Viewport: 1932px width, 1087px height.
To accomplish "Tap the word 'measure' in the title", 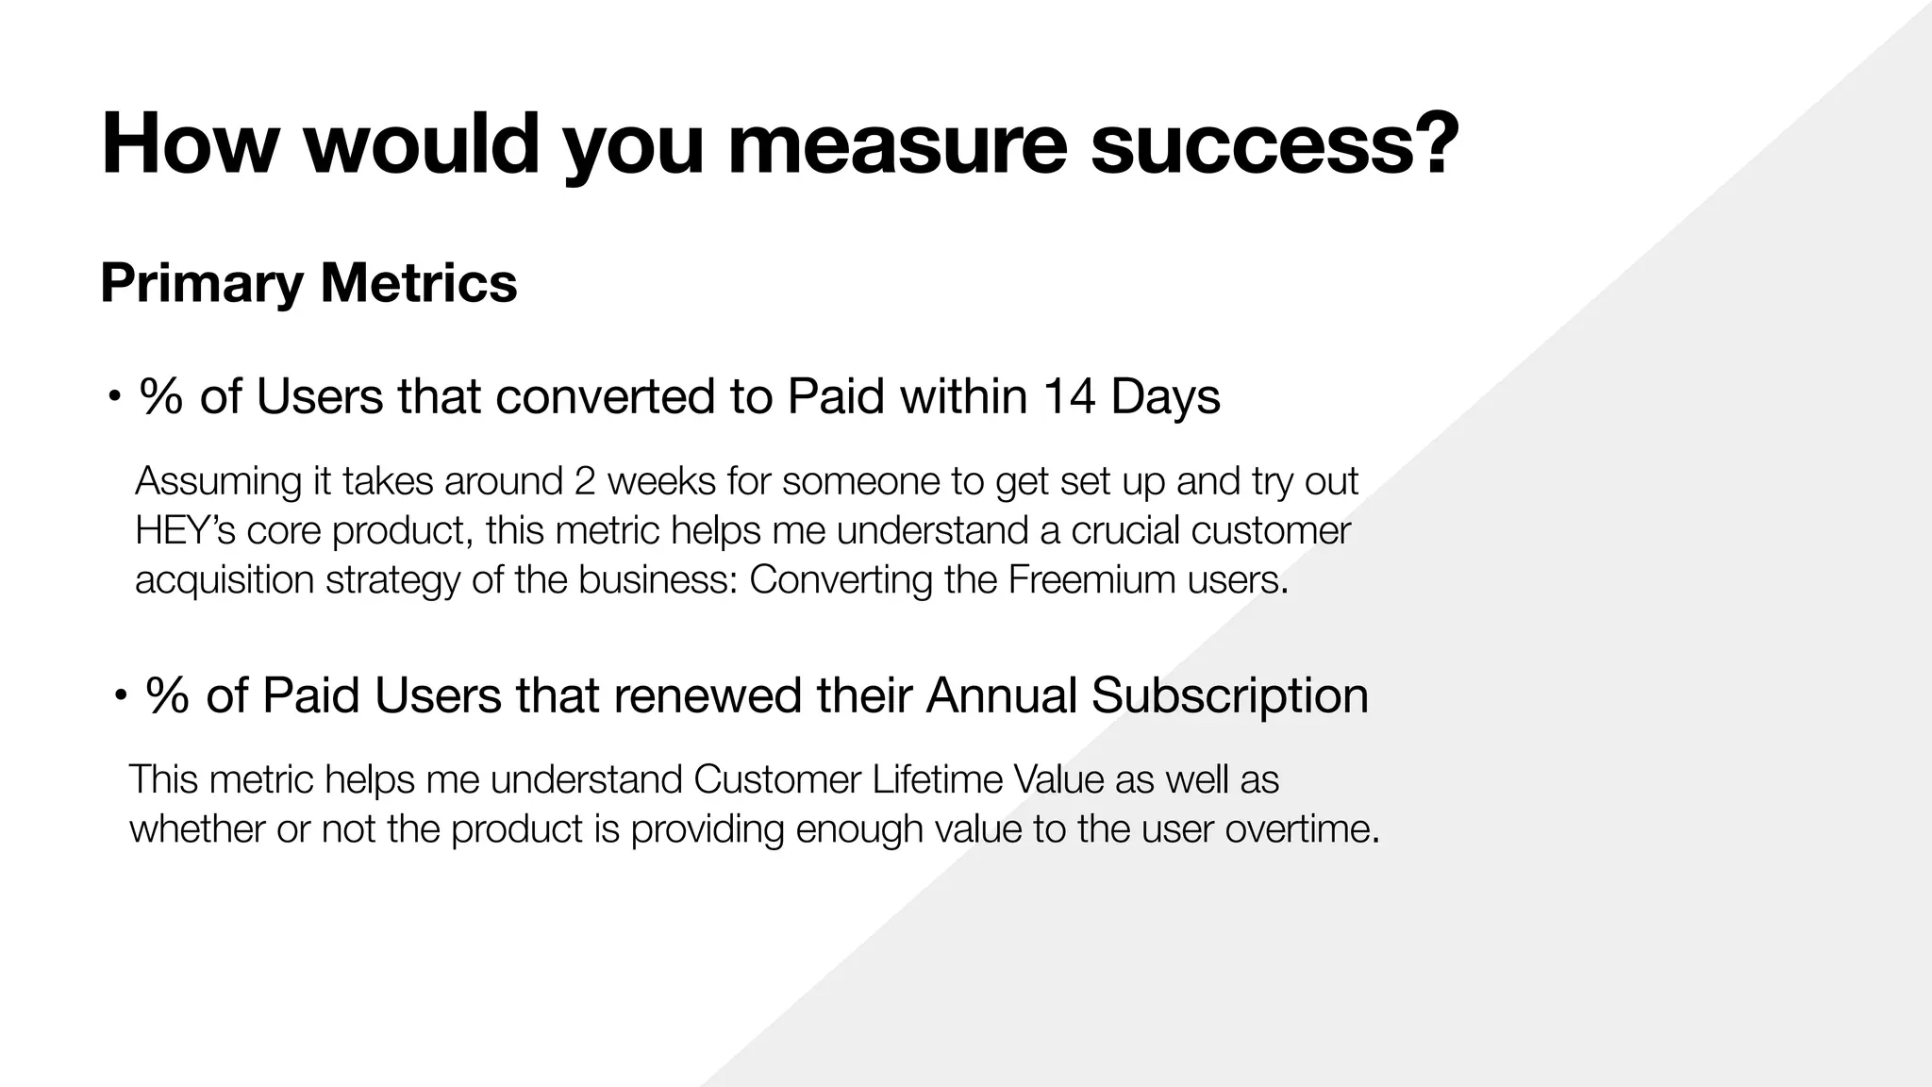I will (x=896, y=144).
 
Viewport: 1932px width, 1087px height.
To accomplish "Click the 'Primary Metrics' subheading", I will (x=308, y=282).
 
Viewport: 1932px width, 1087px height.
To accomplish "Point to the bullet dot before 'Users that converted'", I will (x=113, y=397).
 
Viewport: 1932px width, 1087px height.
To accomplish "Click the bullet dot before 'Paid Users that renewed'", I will (x=120, y=697).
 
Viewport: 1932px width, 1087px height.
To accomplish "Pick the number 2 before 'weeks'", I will (x=582, y=481).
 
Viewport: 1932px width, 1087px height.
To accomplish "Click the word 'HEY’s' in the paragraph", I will (x=185, y=530).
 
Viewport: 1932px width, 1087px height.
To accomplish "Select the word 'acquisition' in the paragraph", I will (x=225, y=579).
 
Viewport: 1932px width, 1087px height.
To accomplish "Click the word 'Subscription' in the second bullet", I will (x=1229, y=696).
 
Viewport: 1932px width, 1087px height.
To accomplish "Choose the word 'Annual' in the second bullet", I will (x=1001, y=696).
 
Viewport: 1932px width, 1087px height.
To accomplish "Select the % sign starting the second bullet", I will (x=166, y=697).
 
